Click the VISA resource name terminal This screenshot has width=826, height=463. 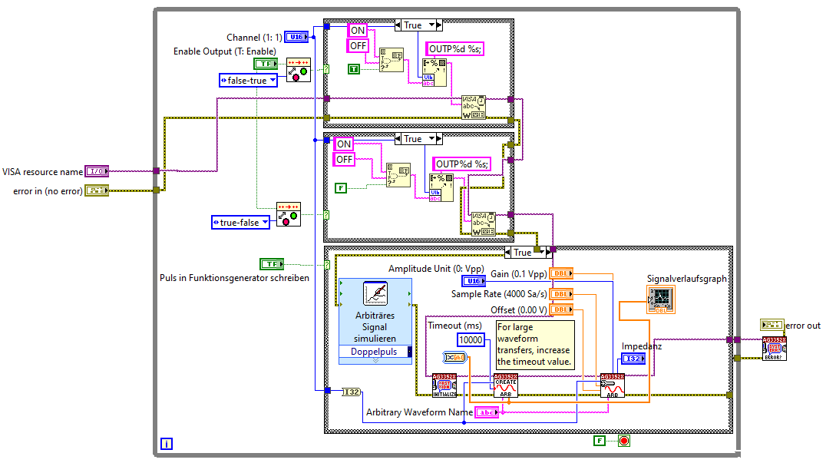97,171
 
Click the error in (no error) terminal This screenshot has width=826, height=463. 97,190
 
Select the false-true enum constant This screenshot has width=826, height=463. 248,80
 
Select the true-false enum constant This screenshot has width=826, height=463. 241,222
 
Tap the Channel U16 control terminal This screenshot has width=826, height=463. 296,37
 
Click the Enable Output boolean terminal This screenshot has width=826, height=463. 266,64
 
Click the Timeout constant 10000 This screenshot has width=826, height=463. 471,340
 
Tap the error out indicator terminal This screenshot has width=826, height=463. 771,326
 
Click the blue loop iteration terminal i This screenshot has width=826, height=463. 167,443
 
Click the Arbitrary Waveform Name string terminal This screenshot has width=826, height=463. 487,412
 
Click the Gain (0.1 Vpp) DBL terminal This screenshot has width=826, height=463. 562,273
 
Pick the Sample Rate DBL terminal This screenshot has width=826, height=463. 562,293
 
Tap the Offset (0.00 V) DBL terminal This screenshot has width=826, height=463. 562,309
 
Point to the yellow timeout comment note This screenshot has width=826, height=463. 534,345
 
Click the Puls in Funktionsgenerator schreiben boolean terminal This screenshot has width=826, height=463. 272,264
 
